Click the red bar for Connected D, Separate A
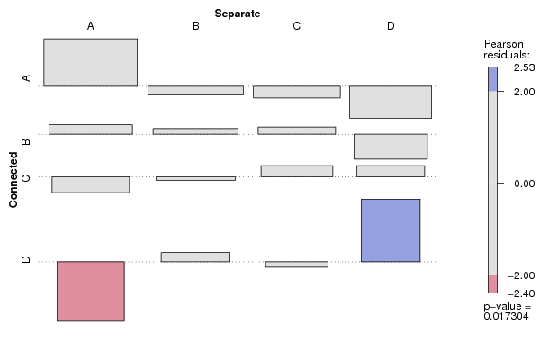[91, 292]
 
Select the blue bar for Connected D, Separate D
[391, 230]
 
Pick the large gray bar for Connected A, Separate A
[90, 62]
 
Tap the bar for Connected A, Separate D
[391, 102]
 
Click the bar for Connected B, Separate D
[391, 147]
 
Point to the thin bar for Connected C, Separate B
[195, 178]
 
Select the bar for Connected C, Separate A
[91, 184]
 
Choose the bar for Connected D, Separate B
[195, 256]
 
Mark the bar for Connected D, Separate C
[297, 265]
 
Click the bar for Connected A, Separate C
[297, 92]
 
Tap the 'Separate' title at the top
[238, 13]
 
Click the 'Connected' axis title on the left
[13, 180]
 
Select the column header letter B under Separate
[196, 26]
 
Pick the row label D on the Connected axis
[26, 259]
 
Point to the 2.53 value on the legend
[525, 67]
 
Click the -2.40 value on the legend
[521, 293]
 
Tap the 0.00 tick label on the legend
[525, 184]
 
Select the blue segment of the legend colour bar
[492, 79]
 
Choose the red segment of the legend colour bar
[492, 284]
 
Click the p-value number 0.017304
[506, 316]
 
